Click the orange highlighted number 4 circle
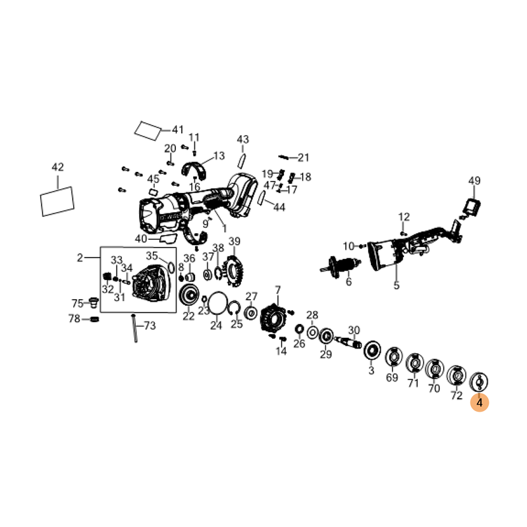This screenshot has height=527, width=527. [x=480, y=401]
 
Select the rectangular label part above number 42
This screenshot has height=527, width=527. [x=57, y=200]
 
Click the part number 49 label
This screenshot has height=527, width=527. [x=474, y=180]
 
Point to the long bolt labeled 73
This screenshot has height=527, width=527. [x=134, y=329]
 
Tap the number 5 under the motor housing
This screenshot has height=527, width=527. [x=397, y=285]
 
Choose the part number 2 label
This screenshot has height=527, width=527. [x=80, y=258]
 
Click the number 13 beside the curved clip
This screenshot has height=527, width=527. [x=219, y=156]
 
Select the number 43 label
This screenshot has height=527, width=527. [x=243, y=140]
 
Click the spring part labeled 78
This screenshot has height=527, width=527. [x=93, y=319]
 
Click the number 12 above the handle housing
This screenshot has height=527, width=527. [x=404, y=217]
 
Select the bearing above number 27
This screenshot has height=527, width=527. [x=250, y=312]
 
